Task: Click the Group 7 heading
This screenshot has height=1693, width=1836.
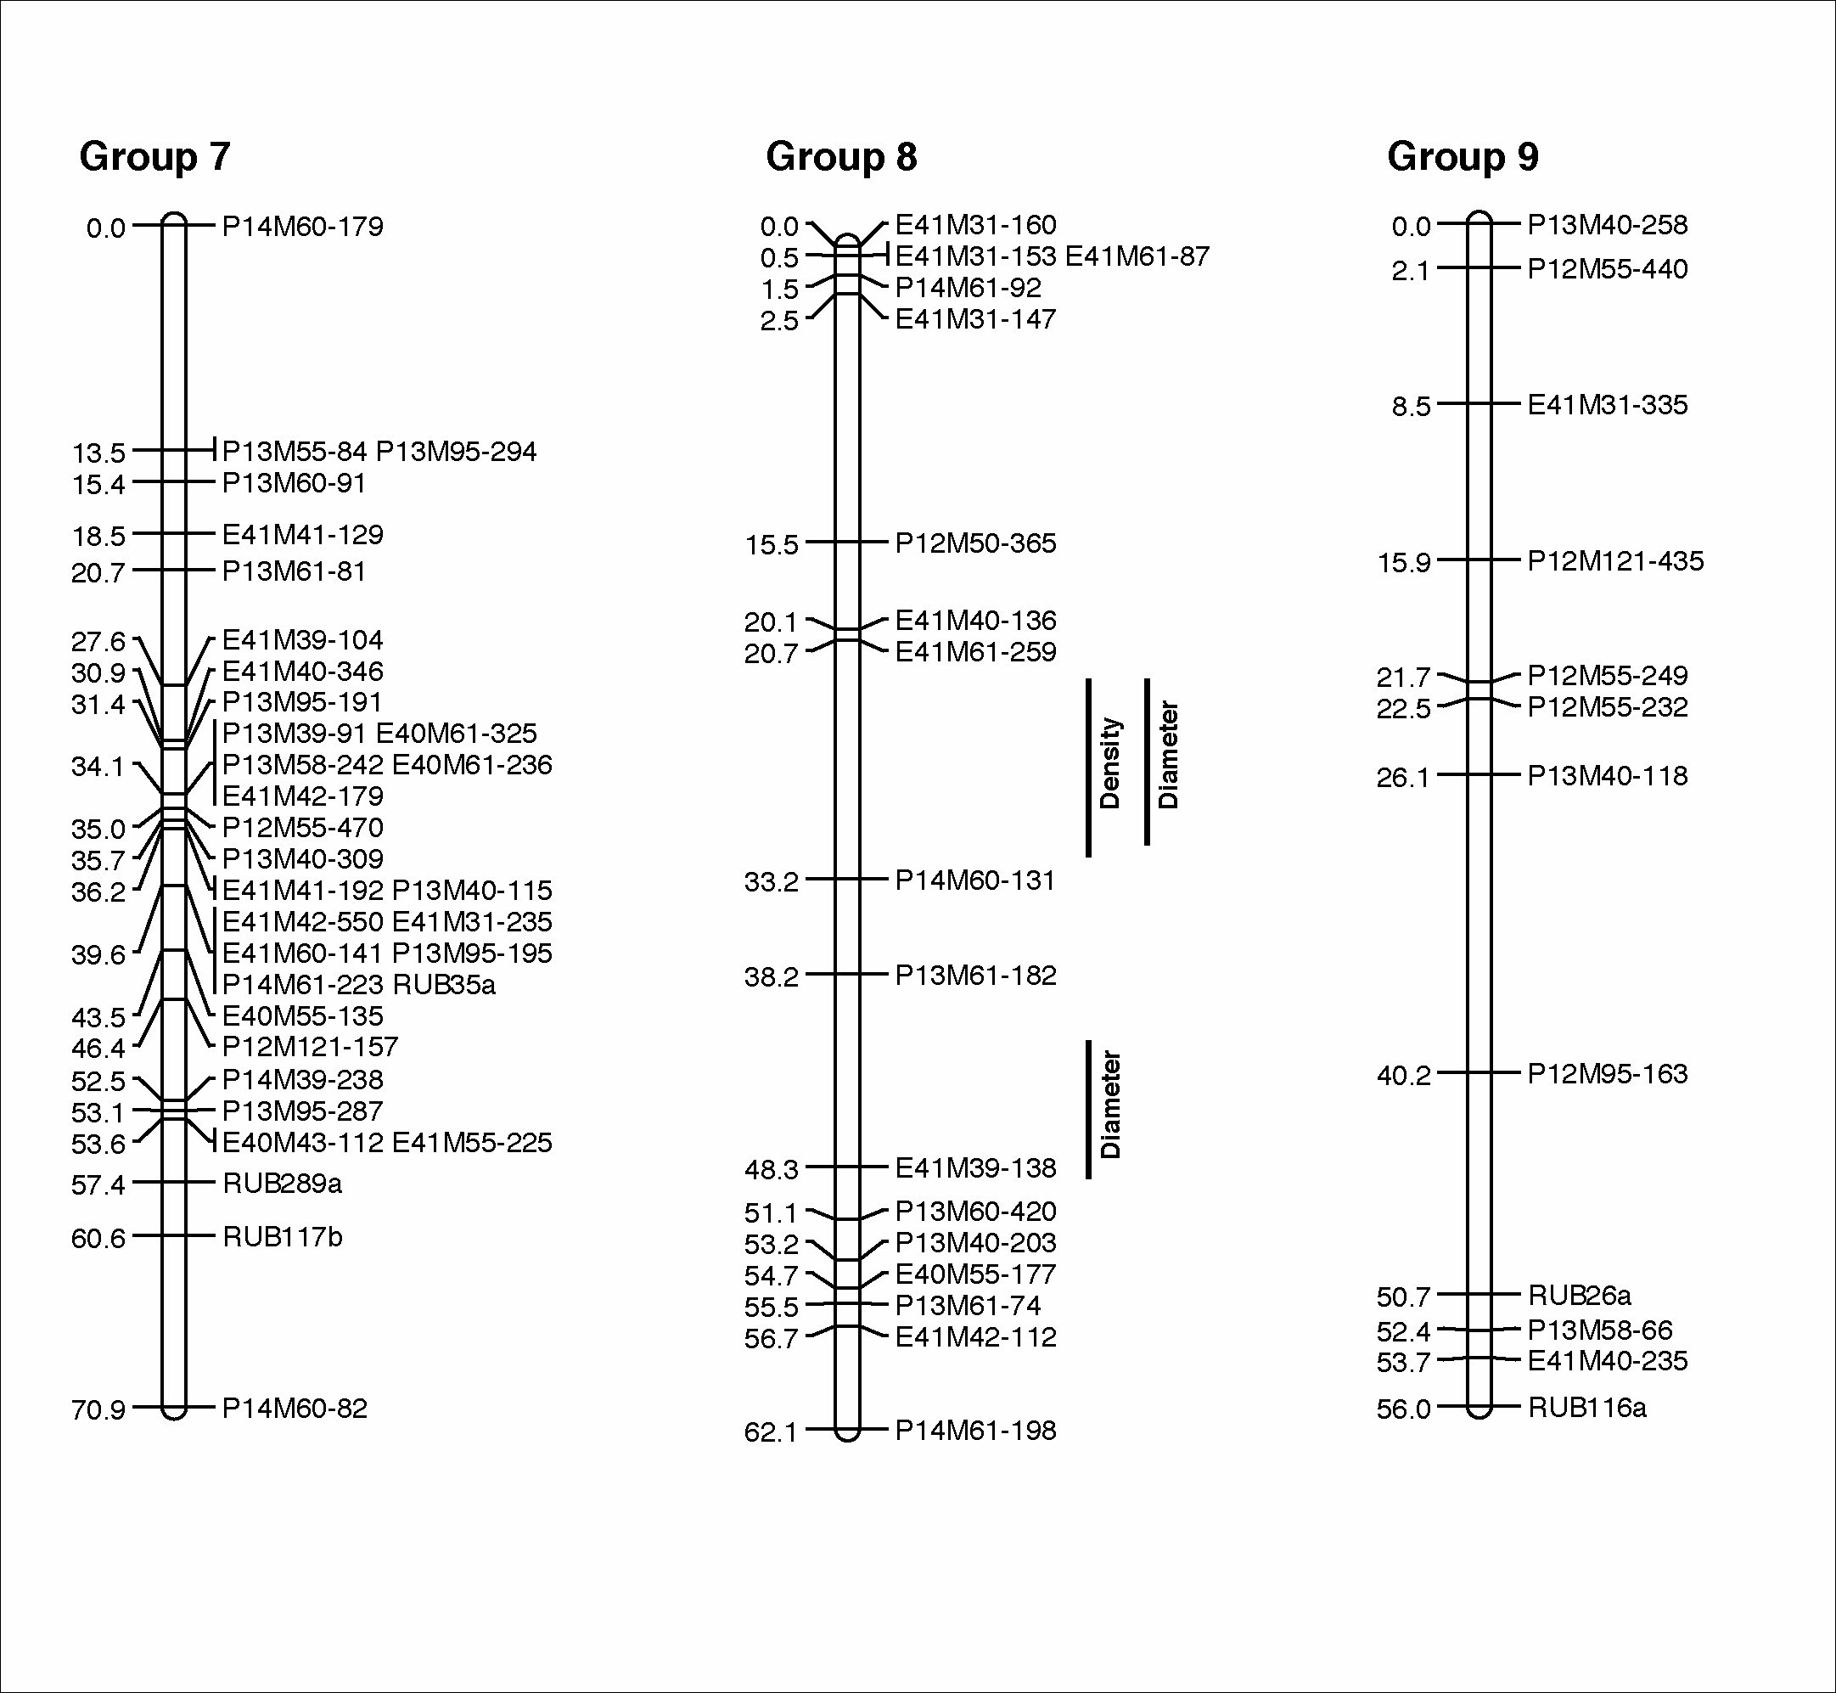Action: tap(154, 157)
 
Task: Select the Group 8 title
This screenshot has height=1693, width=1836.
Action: tap(840, 157)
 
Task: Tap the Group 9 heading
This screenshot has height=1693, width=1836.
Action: tap(1463, 157)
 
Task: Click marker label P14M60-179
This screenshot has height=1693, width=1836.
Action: tap(302, 227)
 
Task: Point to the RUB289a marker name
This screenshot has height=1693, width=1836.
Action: tap(282, 1184)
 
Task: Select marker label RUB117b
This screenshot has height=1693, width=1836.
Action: tap(282, 1237)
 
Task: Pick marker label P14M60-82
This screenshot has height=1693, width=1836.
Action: tap(295, 1408)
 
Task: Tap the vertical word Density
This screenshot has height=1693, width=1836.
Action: tap(1110, 763)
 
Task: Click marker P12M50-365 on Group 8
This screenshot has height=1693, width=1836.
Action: tap(975, 543)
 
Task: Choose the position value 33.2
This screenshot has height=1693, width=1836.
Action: tap(771, 882)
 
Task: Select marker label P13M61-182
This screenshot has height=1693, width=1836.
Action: tap(975, 975)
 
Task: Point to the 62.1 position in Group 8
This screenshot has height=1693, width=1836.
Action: tap(771, 1431)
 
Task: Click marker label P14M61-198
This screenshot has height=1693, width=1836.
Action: tap(975, 1430)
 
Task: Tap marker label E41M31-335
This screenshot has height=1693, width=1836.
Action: tap(1607, 405)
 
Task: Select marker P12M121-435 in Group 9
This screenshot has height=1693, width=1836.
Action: tap(1615, 560)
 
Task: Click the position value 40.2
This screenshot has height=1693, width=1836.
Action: tap(1403, 1076)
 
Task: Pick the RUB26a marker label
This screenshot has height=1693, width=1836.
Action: tap(1580, 1295)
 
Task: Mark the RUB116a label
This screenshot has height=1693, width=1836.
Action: tap(1587, 1407)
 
